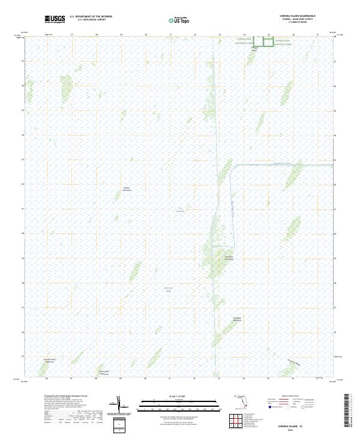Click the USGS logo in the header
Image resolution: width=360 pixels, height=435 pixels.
coord(55,19)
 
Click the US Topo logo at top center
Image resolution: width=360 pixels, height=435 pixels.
coord(173,20)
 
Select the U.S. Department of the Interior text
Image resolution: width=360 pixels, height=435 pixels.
coord(90,17)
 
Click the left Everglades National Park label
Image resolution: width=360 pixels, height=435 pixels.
coord(244,42)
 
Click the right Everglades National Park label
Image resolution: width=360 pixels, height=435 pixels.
coord(283,42)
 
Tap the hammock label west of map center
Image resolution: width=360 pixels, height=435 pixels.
coord(127,189)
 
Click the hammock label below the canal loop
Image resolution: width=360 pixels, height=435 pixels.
coord(228,258)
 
